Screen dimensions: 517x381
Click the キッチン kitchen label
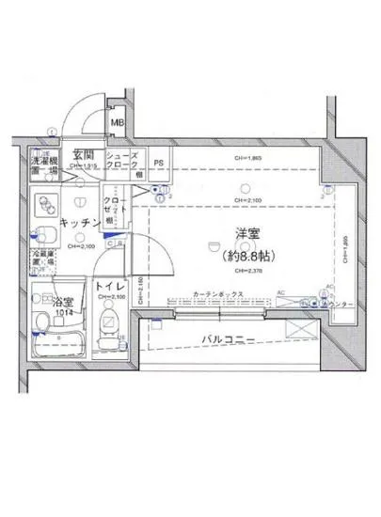80,222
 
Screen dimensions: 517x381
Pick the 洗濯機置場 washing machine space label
42,165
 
